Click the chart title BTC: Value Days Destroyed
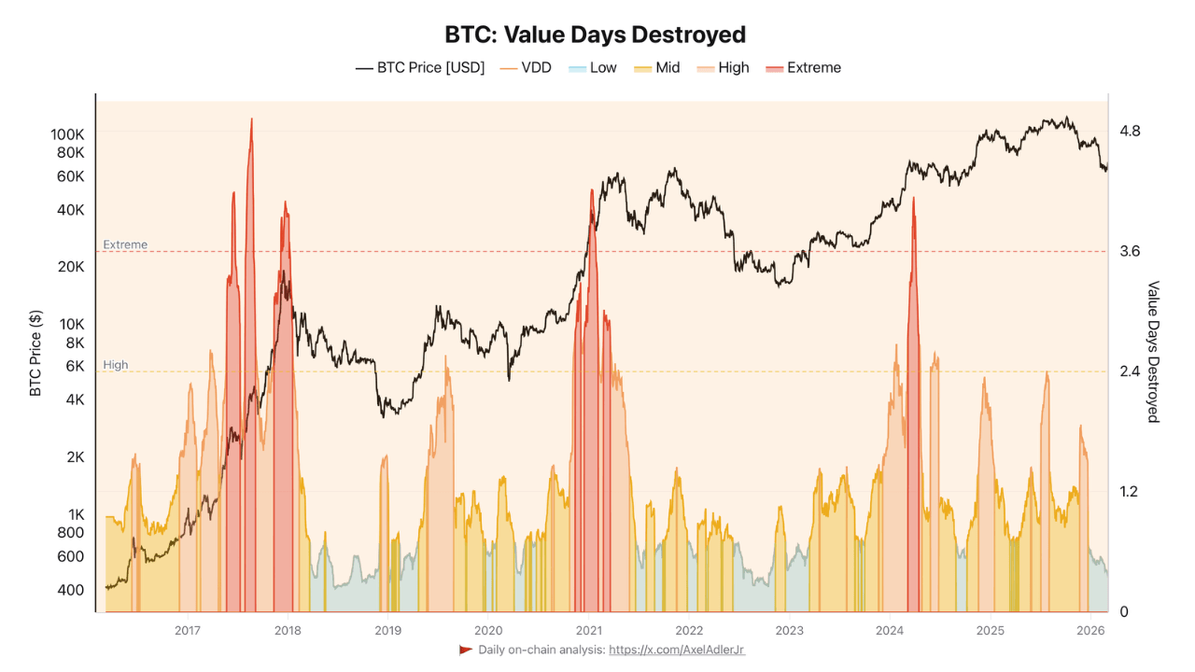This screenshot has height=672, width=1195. point(596,35)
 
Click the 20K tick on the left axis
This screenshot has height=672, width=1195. point(71,267)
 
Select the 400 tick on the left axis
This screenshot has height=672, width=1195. point(71,590)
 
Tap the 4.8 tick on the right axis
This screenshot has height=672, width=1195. point(1130,131)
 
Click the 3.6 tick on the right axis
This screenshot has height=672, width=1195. point(1130,251)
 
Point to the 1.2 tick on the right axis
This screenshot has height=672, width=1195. point(1130,492)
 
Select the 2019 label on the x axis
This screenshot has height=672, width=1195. point(387,630)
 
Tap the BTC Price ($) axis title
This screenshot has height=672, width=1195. point(35,354)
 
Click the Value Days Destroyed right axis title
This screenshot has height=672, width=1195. point(1153,352)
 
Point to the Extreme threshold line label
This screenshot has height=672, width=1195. point(125,245)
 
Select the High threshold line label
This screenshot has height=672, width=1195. point(116,365)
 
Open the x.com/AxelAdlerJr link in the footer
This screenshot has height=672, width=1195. point(677,650)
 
